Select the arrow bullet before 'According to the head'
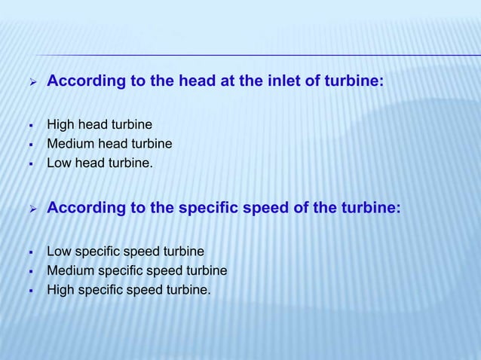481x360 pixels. coord(32,82)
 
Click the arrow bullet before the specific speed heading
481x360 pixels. coord(32,209)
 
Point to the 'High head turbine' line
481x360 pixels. coord(99,124)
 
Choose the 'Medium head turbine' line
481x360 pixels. coord(109,143)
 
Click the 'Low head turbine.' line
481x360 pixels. coord(100,162)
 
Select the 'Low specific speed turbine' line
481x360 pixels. coord(125,251)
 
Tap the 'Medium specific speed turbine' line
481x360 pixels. coord(136,270)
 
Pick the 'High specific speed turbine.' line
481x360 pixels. coord(129,288)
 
